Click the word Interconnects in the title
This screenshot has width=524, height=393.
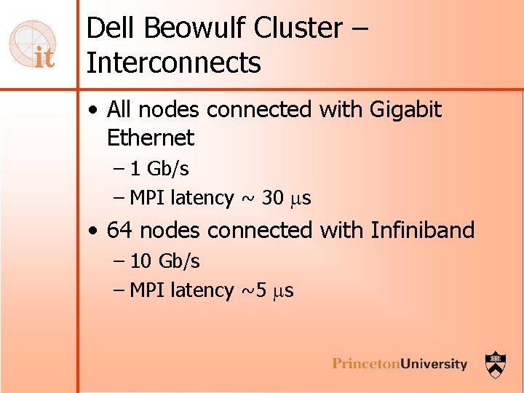[x=173, y=63]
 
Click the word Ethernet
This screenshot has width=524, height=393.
[x=151, y=138]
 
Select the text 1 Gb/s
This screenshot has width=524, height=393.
[x=160, y=169]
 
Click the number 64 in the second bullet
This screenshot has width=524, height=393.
[x=120, y=231]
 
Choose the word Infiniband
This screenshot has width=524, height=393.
[x=422, y=231]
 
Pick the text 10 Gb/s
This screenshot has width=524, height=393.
[x=165, y=261]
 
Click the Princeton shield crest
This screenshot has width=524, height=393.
[x=496, y=362]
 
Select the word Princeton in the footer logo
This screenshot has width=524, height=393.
[x=365, y=364]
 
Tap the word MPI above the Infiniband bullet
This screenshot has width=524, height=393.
[x=147, y=198]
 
